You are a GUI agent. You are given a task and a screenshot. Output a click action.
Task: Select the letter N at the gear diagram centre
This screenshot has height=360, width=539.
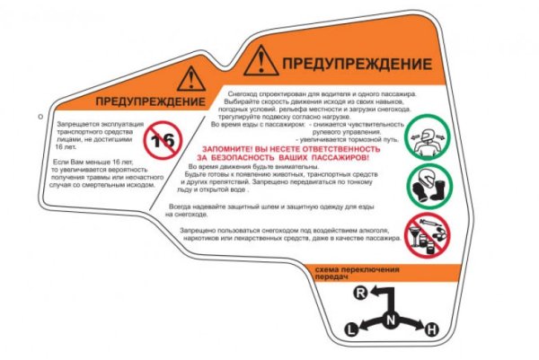point(390,319)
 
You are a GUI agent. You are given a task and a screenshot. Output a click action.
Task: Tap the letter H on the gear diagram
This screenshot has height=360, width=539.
point(431,330)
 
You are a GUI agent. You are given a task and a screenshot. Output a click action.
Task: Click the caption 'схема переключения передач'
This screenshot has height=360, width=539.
point(351,274)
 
